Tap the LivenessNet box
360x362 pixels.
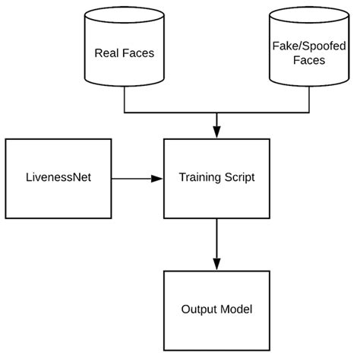coord(58,179)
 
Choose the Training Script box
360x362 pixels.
coord(217,179)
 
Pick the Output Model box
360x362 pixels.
coord(217,309)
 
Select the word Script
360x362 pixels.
coord(241,179)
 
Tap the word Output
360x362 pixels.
coord(199,310)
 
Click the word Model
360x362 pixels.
coord(238,310)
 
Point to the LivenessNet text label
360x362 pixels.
coord(58,179)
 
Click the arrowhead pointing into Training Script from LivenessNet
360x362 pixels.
coord(157,179)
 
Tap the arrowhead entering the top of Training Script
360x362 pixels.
coord(217,132)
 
